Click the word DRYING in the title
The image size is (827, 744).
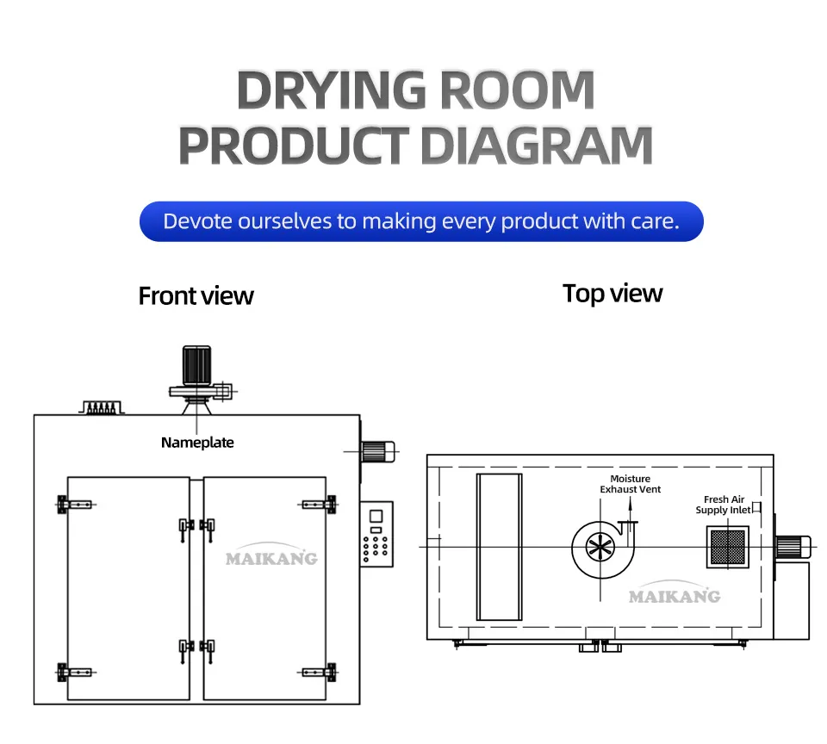[331, 90]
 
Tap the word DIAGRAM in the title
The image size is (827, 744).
[538, 146]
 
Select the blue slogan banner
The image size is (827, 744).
[421, 221]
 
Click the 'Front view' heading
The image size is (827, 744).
[196, 296]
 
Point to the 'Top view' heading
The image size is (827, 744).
[612, 294]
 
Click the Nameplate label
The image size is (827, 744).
[197, 443]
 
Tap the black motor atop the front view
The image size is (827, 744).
[196, 365]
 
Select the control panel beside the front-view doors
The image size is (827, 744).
[377, 534]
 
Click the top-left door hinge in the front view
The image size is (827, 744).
[74, 505]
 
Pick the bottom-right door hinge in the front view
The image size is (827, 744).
[318, 673]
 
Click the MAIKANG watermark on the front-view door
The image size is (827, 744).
[271, 555]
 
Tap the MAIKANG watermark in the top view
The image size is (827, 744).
[675, 593]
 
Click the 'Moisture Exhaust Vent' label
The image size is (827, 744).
[631, 484]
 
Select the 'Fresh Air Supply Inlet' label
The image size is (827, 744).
[723, 505]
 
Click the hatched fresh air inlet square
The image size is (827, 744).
[728, 547]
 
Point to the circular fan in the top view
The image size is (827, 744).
[600, 549]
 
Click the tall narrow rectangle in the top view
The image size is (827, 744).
[499, 547]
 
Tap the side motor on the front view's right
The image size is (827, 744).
[378, 452]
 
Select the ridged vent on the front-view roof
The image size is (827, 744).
[102, 407]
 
